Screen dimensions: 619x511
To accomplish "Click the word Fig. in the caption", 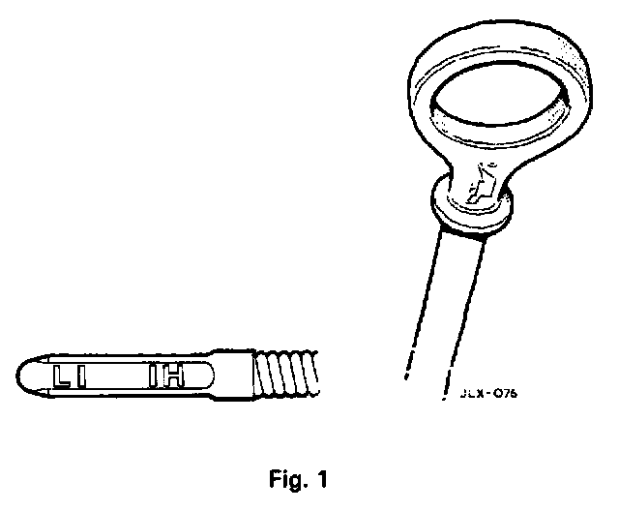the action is (x=289, y=478).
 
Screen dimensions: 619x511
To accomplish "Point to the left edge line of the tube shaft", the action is (x=414, y=300).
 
